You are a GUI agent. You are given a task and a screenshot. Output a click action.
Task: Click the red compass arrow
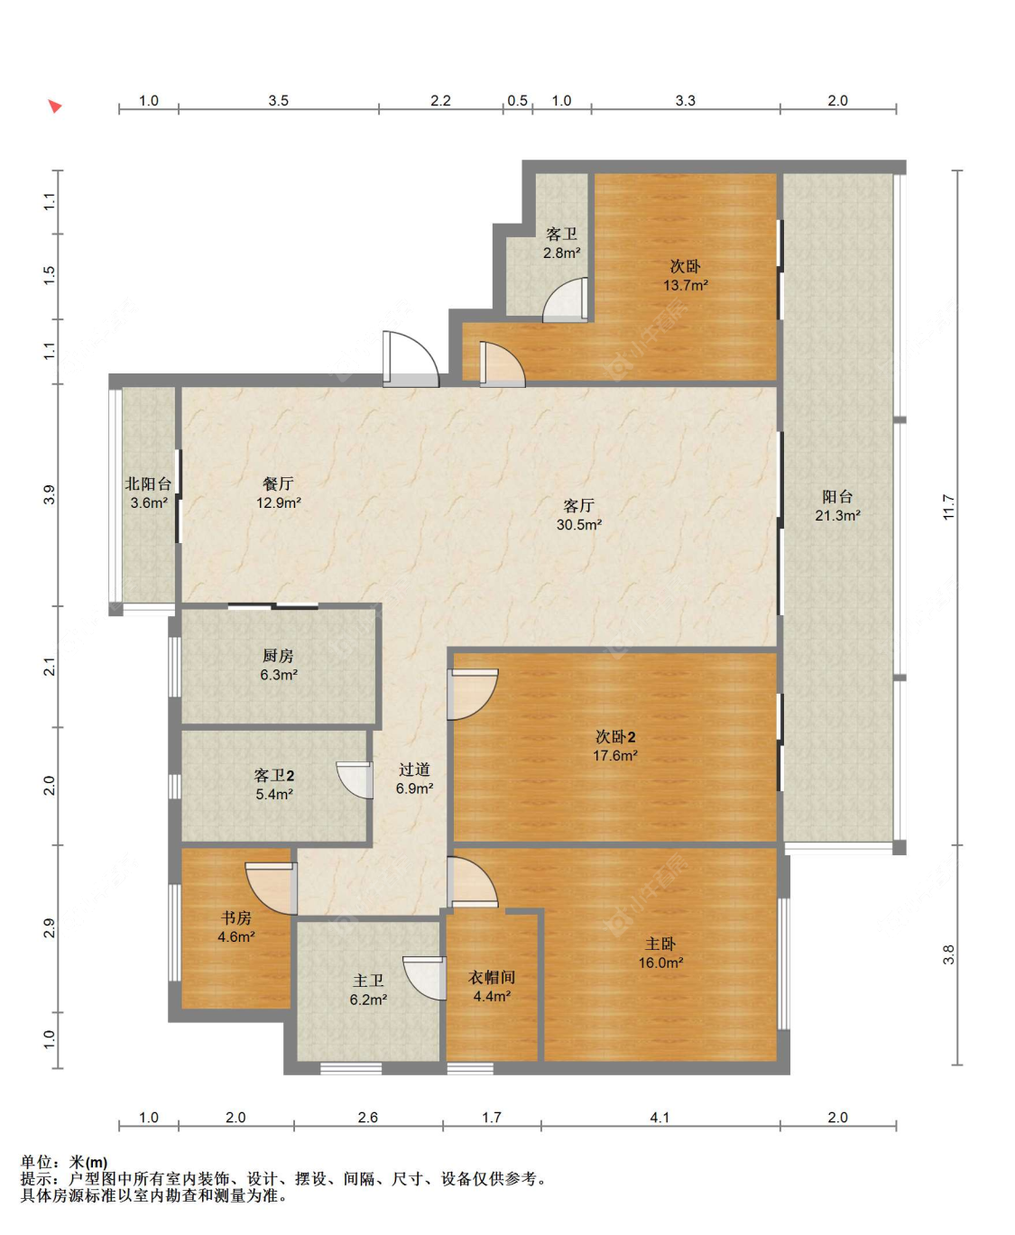(55, 106)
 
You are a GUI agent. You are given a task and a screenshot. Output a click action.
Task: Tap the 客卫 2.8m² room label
(562, 244)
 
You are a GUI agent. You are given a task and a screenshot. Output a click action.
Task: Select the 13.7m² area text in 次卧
(686, 285)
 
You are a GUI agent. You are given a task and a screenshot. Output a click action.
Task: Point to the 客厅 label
(578, 505)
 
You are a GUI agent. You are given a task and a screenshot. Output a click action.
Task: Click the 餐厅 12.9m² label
(278, 493)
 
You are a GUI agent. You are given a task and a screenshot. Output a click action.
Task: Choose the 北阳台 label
(148, 484)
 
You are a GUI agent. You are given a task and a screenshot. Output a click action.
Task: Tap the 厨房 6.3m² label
(278, 665)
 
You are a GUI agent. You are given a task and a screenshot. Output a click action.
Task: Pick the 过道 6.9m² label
(414, 779)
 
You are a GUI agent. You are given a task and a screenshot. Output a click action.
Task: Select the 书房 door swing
(272, 889)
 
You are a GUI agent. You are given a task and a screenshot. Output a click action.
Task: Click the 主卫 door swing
(425, 978)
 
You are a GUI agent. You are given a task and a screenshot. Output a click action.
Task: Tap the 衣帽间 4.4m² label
(492, 986)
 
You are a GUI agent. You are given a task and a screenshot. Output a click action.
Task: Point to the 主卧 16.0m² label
(660, 953)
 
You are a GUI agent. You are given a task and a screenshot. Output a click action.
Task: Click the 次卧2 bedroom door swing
(472, 694)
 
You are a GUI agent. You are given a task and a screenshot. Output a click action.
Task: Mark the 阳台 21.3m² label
(837, 505)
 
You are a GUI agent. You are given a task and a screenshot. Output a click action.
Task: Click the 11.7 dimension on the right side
(948, 508)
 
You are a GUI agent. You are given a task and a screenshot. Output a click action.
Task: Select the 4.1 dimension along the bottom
(660, 1118)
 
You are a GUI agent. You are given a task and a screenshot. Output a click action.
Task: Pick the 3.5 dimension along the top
(278, 100)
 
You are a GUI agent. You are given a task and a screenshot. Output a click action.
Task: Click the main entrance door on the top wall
(411, 359)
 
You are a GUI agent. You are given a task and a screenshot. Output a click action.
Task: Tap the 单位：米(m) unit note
(64, 1162)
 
